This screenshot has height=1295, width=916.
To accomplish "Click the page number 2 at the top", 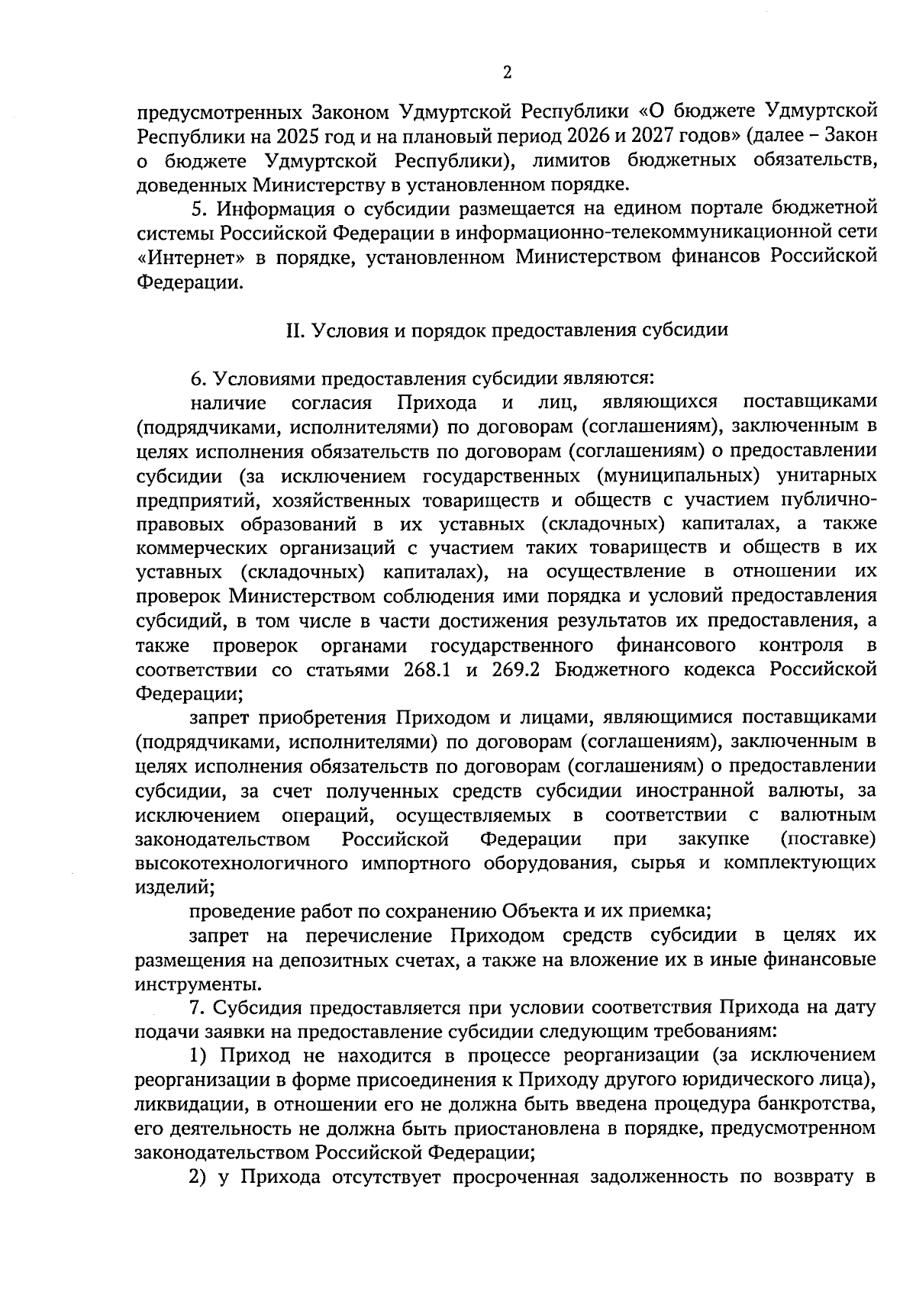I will [507, 72].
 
